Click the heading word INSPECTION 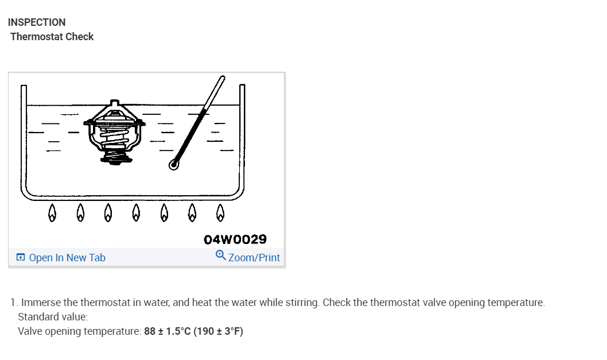37,22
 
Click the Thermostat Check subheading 52,37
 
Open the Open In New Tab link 67,258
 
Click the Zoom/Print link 254,258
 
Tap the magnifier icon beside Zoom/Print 220,256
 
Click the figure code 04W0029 235,239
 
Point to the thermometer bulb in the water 174,165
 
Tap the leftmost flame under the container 52,214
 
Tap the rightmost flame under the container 220,214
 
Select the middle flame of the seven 136,214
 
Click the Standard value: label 53,317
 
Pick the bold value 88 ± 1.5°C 167,331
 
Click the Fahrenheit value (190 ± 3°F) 219,331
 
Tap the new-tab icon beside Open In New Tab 21,258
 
